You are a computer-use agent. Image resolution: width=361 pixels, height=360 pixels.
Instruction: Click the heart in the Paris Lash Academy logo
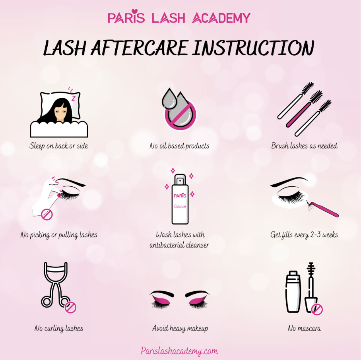pyautogui.click(x=135, y=11)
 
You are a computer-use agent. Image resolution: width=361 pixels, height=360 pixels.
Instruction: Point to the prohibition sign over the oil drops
pyautogui.click(x=180, y=114)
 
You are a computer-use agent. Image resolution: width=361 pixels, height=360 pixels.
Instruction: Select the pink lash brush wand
pyautogui.click(x=304, y=108)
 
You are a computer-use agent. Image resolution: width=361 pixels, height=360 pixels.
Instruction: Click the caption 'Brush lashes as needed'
pyautogui.click(x=304, y=146)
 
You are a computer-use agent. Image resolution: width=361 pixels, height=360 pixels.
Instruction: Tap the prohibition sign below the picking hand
pyautogui.click(x=47, y=215)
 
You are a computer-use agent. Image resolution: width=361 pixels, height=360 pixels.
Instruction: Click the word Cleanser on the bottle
pyautogui.click(x=180, y=206)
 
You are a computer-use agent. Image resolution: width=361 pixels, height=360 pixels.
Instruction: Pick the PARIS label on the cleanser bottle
pyautogui.click(x=180, y=195)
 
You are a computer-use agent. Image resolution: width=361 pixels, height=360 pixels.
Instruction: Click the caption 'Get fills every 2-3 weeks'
pyautogui.click(x=304, y=235)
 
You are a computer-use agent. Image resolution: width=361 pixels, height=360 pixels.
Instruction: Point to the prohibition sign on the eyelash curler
pyautogui.click(x=70, y=307)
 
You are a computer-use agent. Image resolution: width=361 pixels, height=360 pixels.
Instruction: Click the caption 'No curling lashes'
pyautogui.click(x=59, y=329)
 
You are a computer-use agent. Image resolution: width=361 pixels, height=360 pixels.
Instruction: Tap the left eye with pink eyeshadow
pyautogui.click(x=162, y=300)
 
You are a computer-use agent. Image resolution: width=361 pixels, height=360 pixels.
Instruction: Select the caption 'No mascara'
pyautogui.click(x=304, y=328)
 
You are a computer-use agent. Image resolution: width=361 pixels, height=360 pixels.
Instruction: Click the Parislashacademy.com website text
pyautogui.click(x=179, y=351)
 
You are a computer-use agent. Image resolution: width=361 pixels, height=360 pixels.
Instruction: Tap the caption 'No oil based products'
pyautogui.click(x=179, y=146)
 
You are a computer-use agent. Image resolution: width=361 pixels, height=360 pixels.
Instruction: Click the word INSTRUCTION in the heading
pyautogui.click(x=253, y=48)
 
